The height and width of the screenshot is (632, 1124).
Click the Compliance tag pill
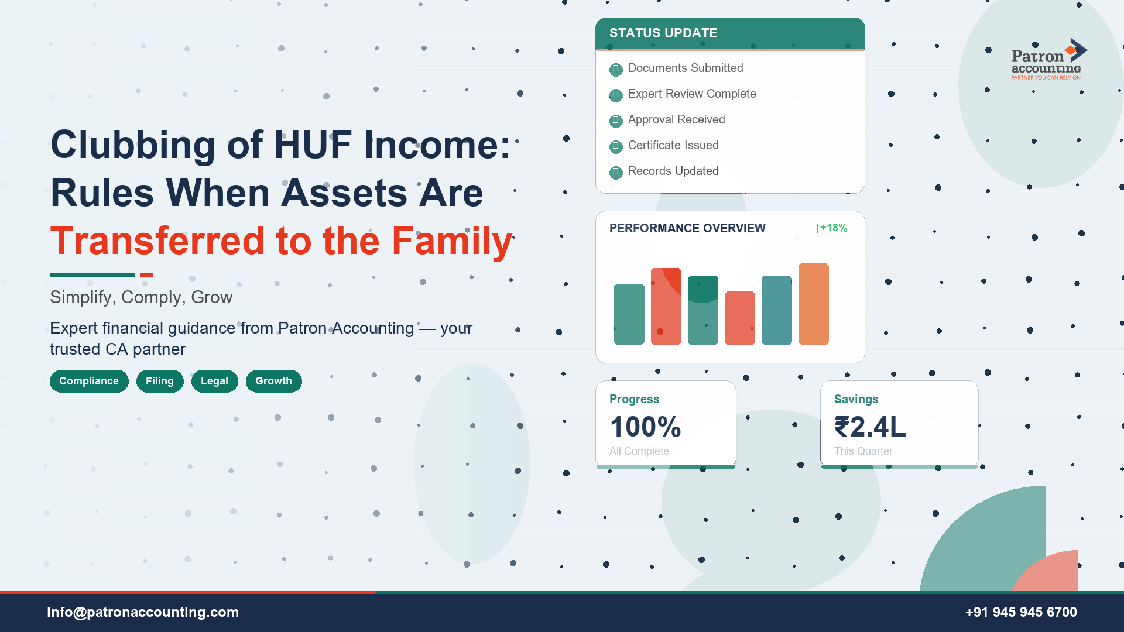(89, 381)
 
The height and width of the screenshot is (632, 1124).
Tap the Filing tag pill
(160, 381)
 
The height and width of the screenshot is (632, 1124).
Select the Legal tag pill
(214, 381)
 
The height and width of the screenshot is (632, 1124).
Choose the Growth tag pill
(273, 381)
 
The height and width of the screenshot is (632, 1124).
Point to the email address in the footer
(143, 612)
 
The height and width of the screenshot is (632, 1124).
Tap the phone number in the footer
(1021, 612)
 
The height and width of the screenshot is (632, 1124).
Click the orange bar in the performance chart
(813, 304)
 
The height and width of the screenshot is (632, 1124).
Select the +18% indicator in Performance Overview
(831, 228)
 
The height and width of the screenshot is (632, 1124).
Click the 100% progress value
(645, 427)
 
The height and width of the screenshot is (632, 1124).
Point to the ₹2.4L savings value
(870, 427)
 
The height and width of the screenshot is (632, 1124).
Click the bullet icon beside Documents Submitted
(616, 70)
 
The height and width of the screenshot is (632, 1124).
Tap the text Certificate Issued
(673, 145)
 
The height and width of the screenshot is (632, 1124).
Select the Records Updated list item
(673, 171)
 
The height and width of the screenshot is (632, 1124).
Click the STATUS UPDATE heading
(663, 33)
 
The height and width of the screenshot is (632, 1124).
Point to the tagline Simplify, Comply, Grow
(141, 297)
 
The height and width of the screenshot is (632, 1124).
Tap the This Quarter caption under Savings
(863, 451)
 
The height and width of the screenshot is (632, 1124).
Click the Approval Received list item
(676, 119)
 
